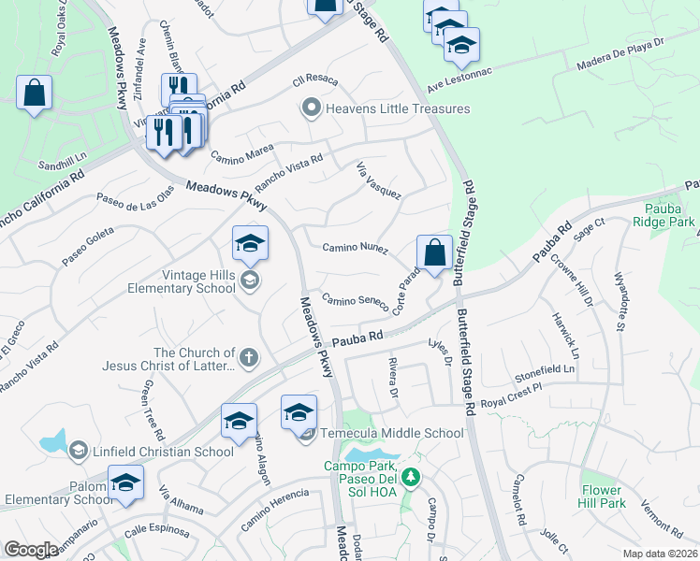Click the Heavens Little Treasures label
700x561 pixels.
397,108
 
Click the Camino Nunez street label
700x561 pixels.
355,248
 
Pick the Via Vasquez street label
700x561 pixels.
379,180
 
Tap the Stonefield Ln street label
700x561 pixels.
544,370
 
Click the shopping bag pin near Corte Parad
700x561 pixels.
434,252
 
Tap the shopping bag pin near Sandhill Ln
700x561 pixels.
34,93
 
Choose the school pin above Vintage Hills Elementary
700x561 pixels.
250,244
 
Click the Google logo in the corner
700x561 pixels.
32,551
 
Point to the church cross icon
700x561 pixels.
248,355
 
